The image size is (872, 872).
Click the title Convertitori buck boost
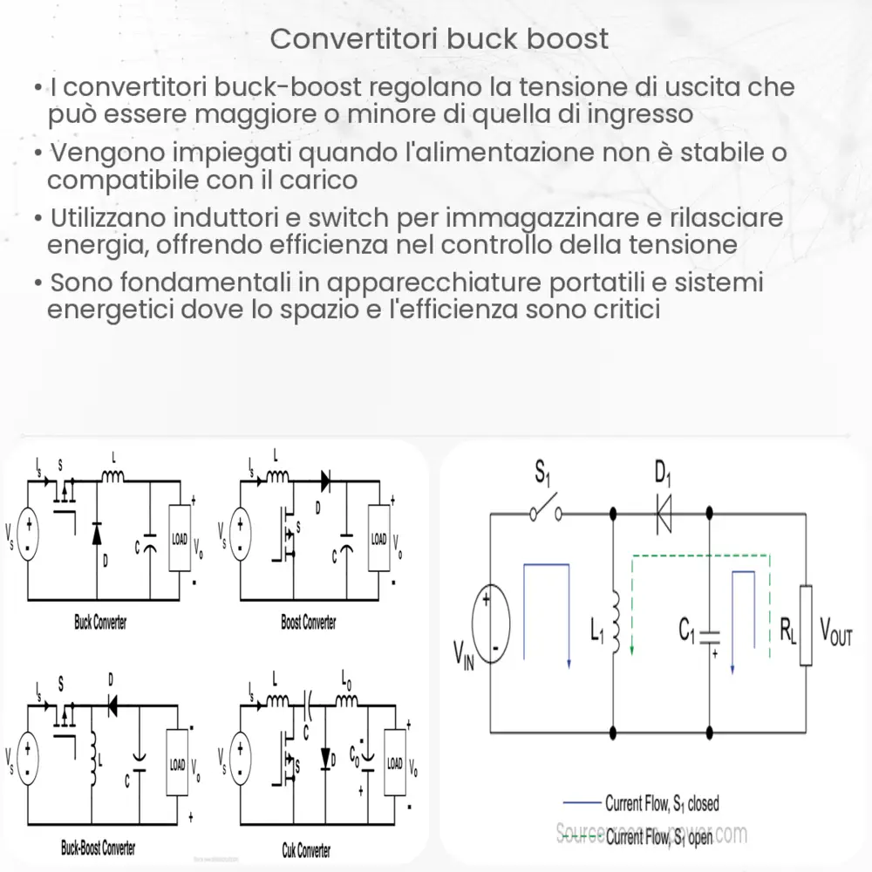point(439,39)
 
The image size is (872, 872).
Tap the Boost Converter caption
point(308,623)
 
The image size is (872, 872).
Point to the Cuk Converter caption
point(307,848)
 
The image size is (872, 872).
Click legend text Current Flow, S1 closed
point(662,803)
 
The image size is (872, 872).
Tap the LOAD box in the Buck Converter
point(180,539)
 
